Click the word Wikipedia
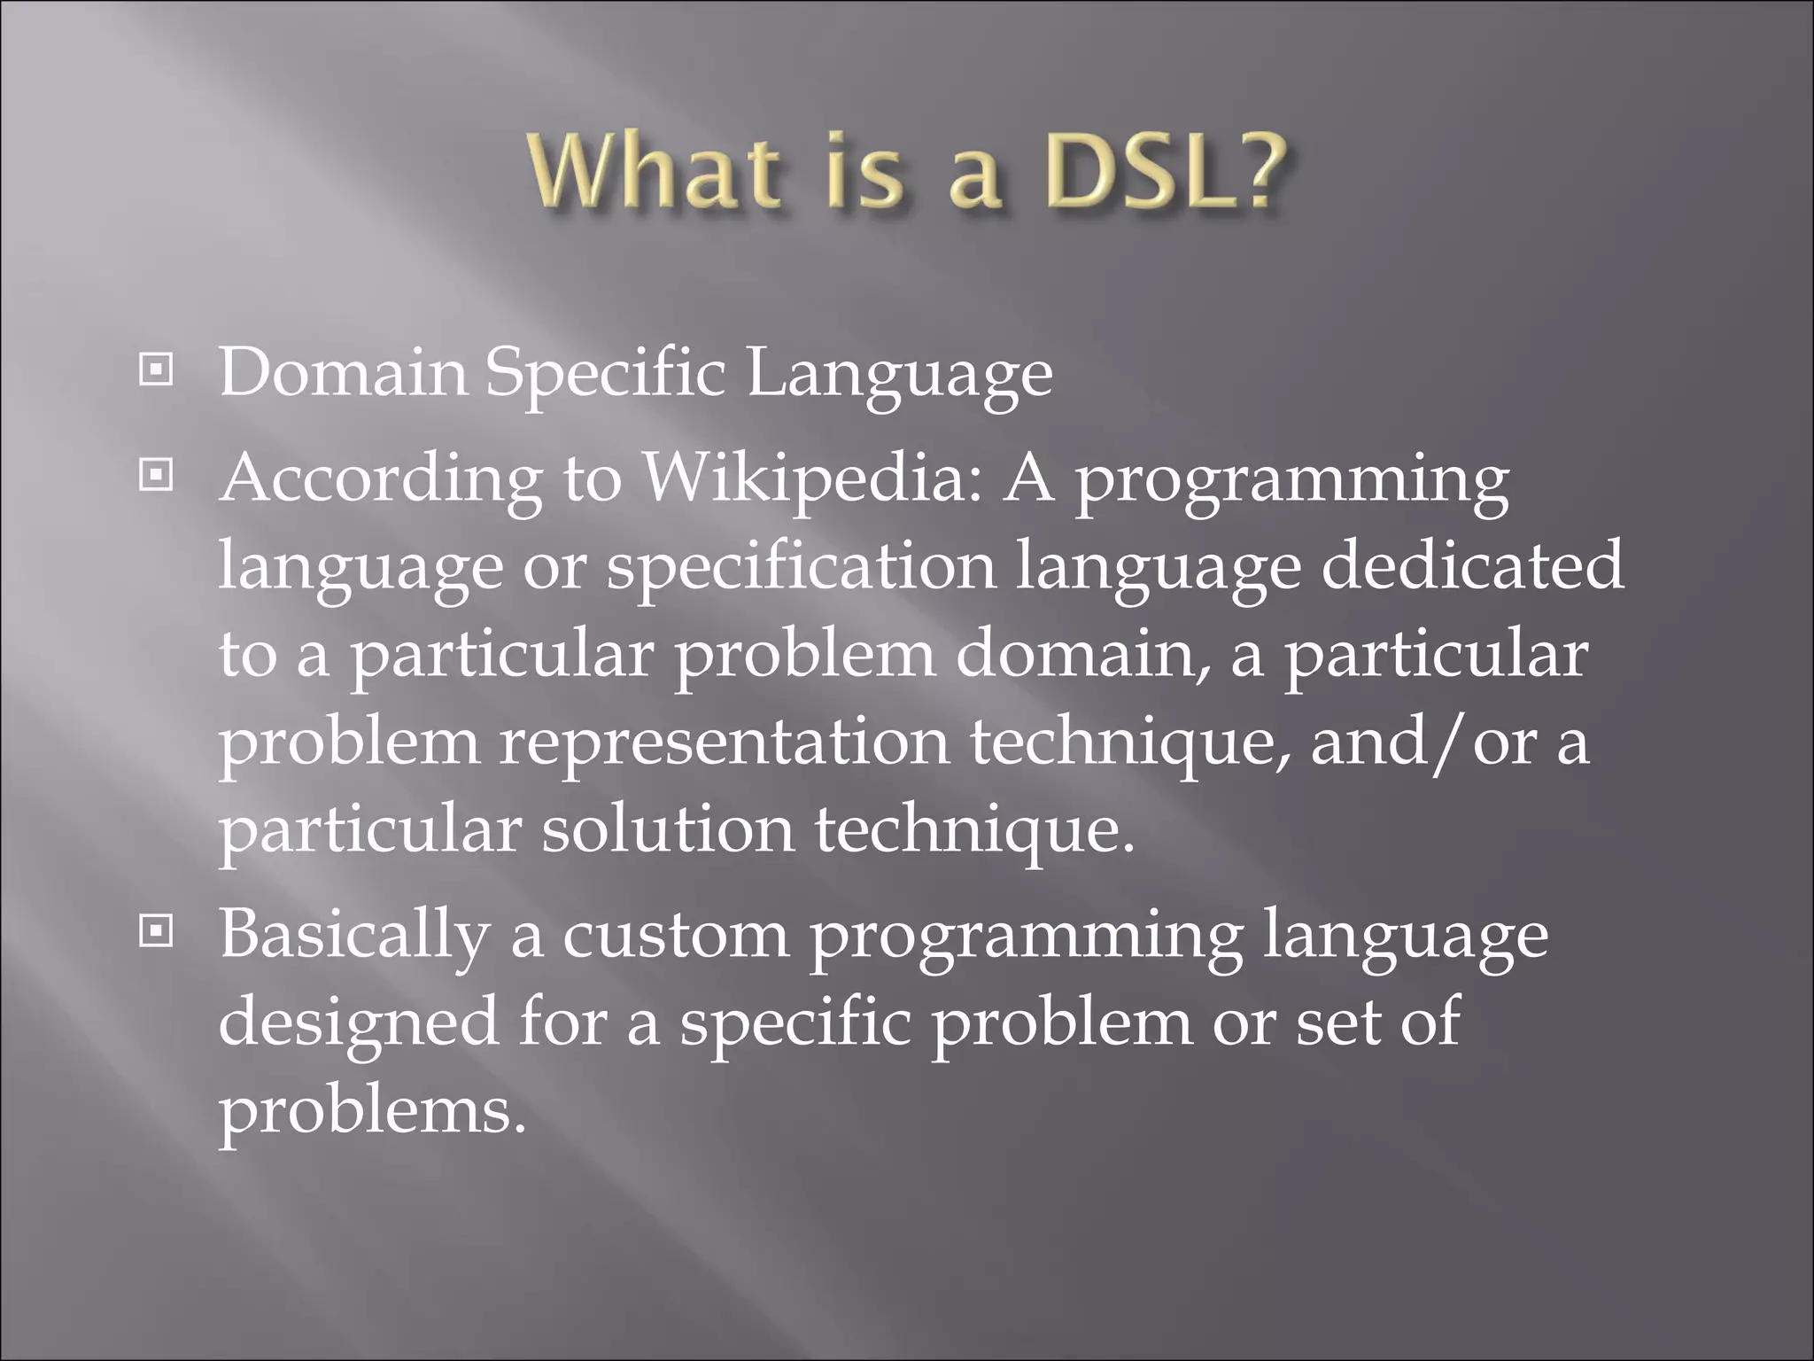pos(811,479)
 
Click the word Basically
pos(353,936)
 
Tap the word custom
pos(676,936)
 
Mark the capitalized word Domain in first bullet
pos(343,372)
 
